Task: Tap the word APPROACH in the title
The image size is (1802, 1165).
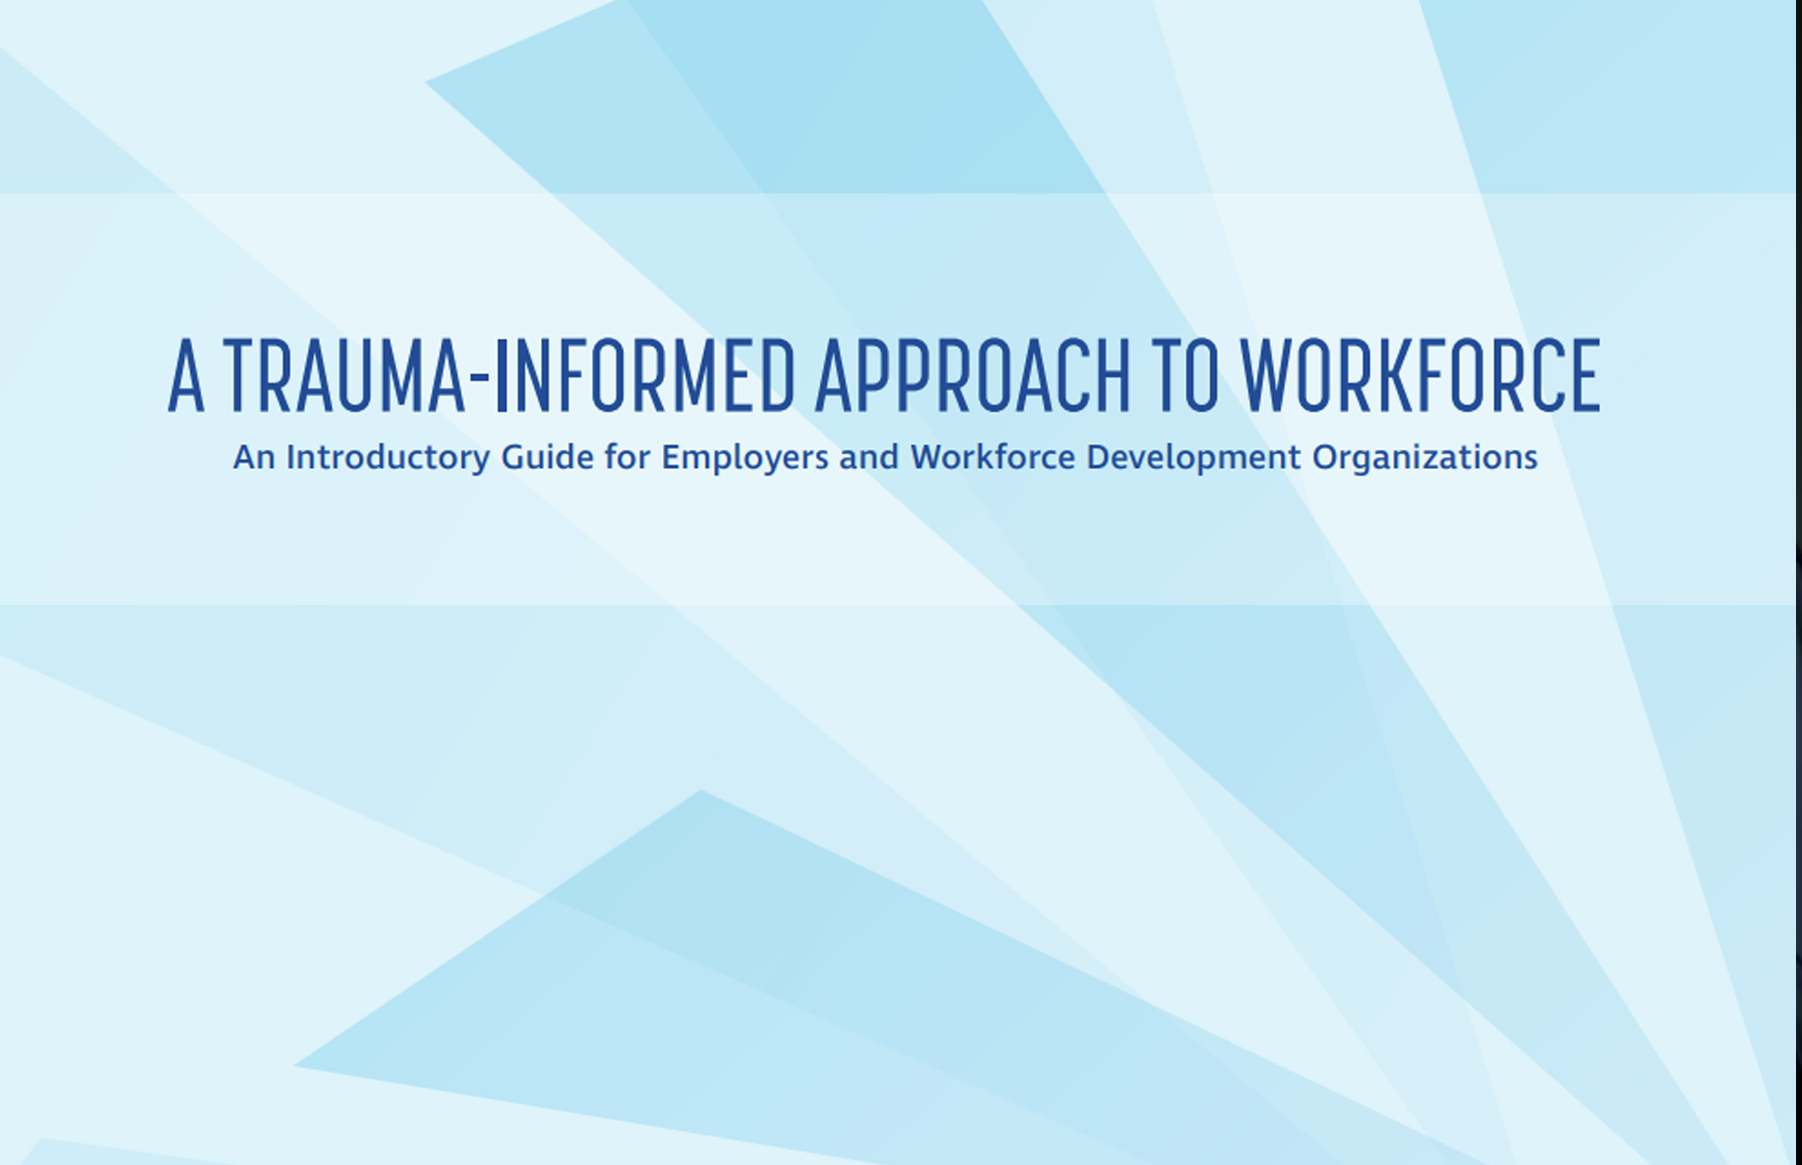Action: pos(972,377)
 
